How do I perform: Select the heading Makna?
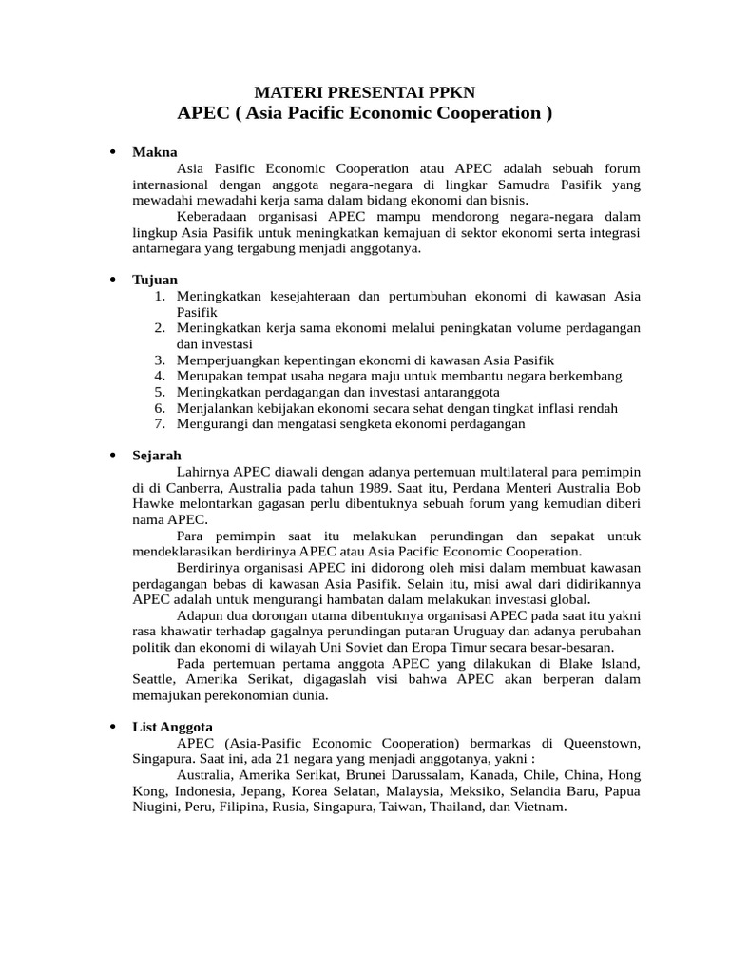coord(155,152)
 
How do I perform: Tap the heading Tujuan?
coord(155,280)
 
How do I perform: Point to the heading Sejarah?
coord(157,456)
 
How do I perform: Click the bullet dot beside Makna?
coord(112,152)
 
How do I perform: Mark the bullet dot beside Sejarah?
coord(112,456)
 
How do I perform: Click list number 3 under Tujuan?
coord(160,360)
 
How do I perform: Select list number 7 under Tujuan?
coord(160,424)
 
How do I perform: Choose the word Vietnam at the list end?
coord(536,807)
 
